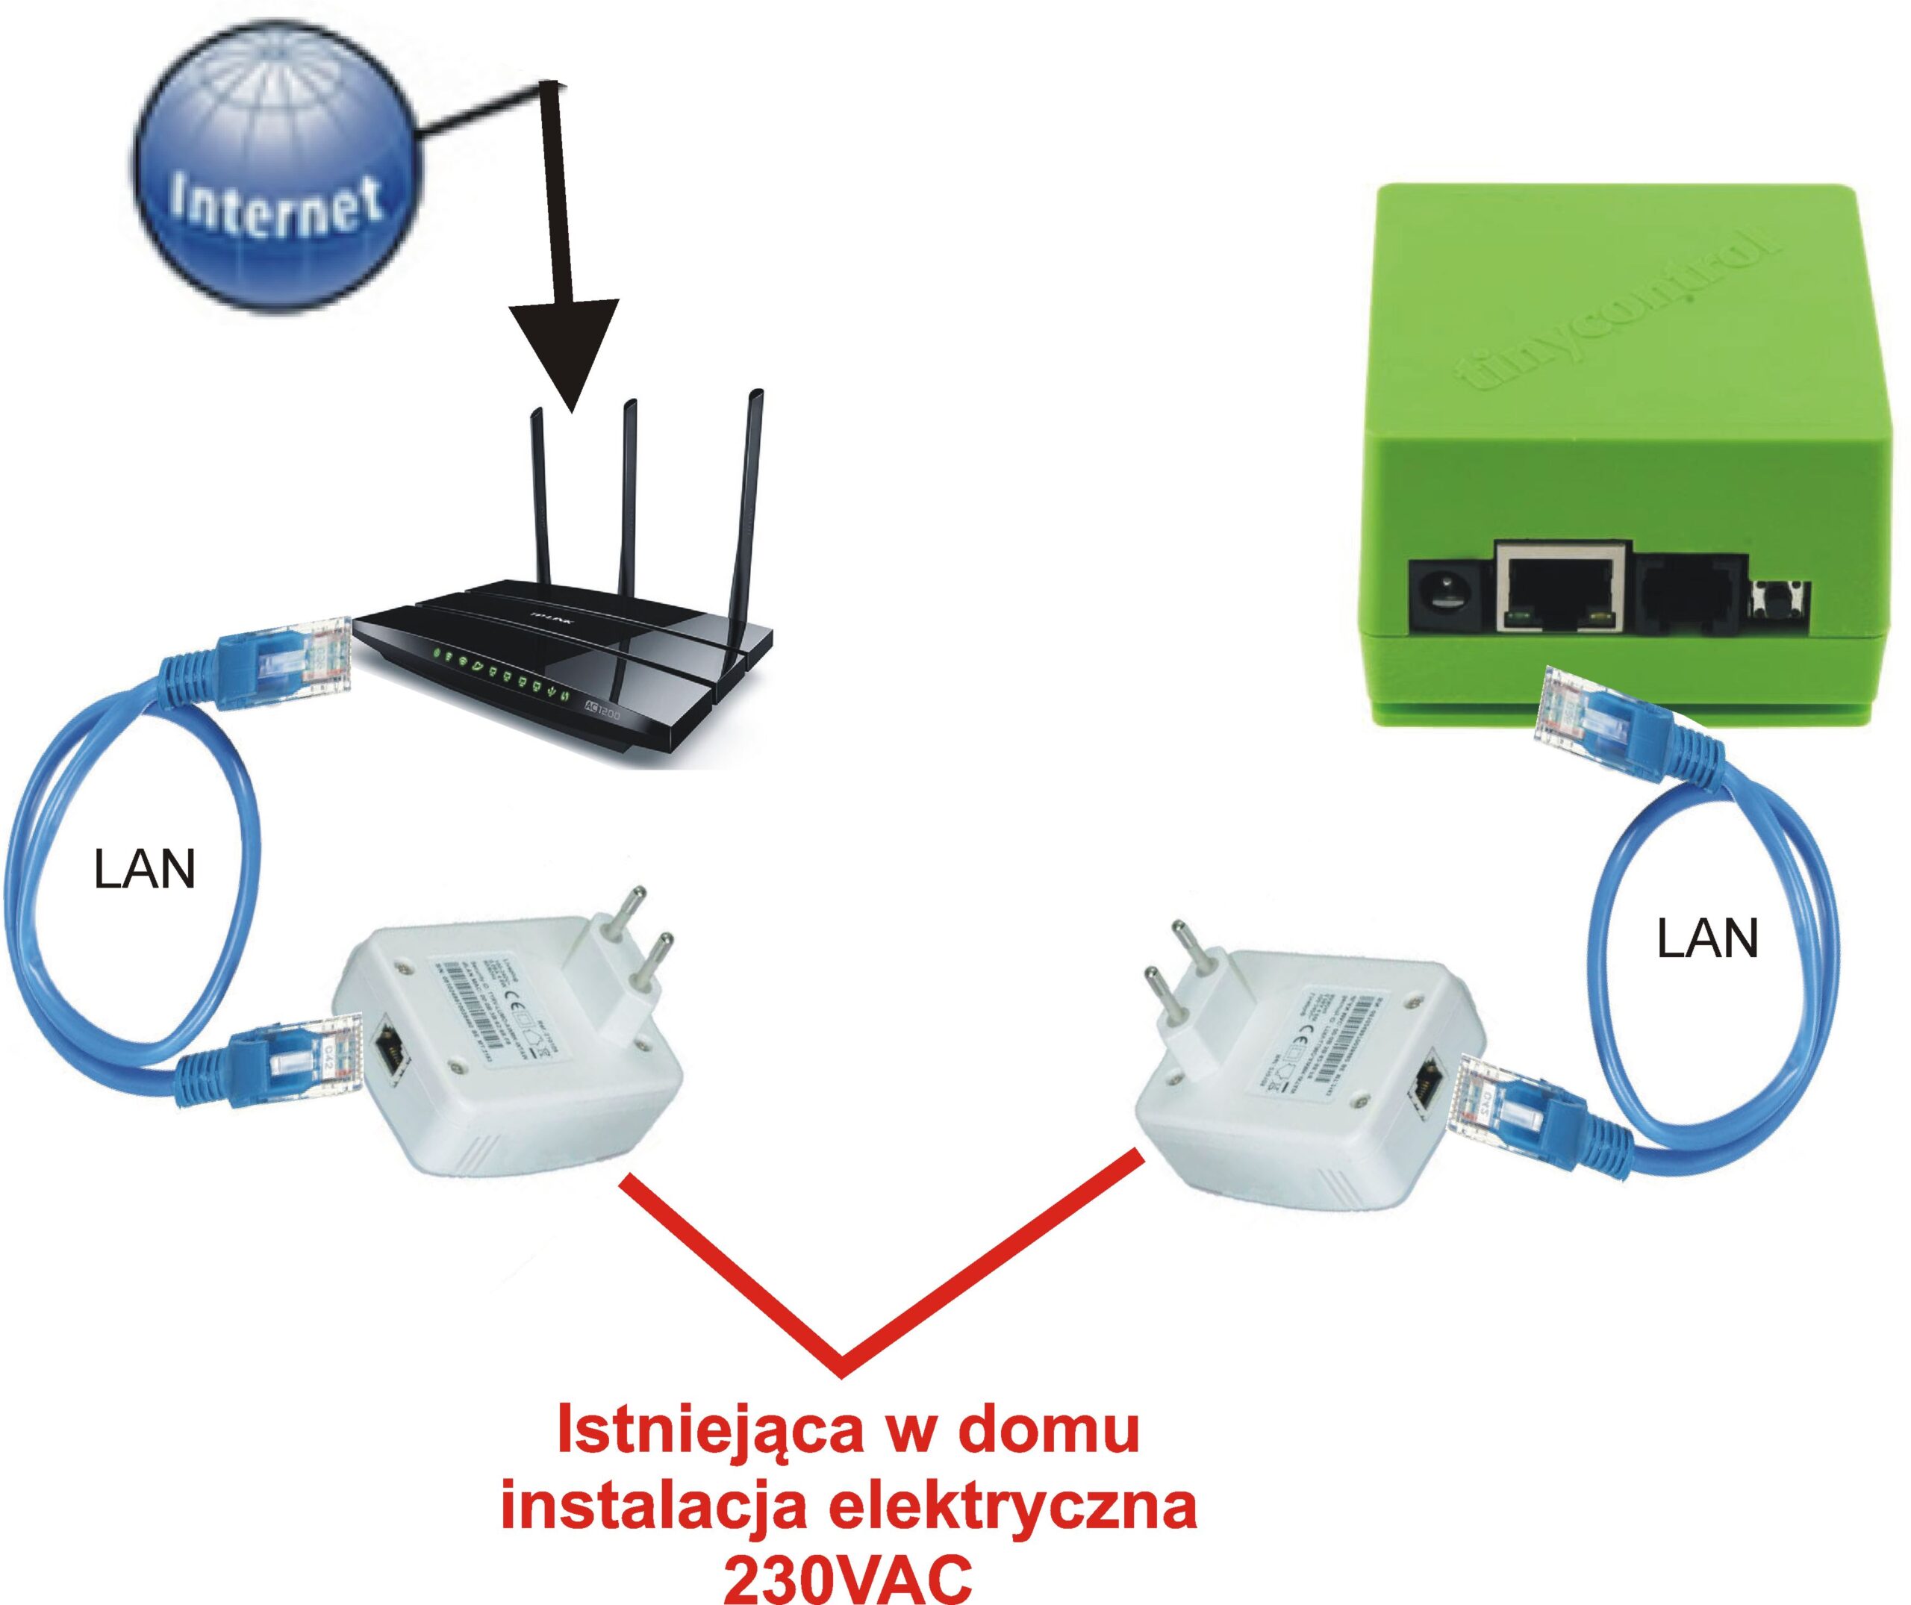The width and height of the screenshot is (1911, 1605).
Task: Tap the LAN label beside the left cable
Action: [145, 869]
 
